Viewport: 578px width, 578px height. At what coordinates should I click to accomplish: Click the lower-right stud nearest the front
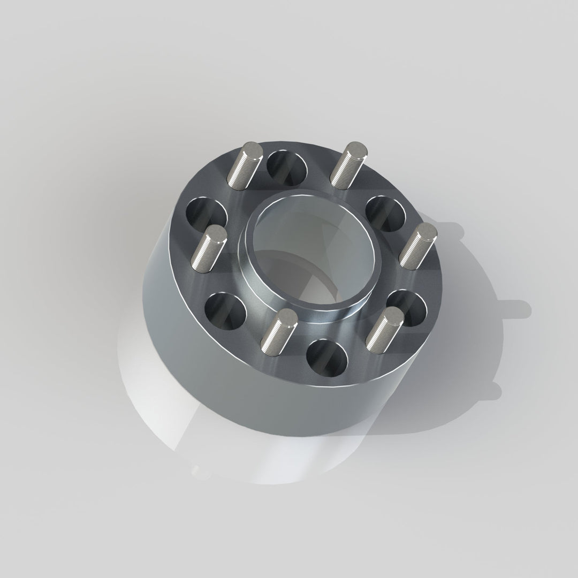[386, 331]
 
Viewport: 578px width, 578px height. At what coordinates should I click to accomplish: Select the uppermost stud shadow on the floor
[455, 230]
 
